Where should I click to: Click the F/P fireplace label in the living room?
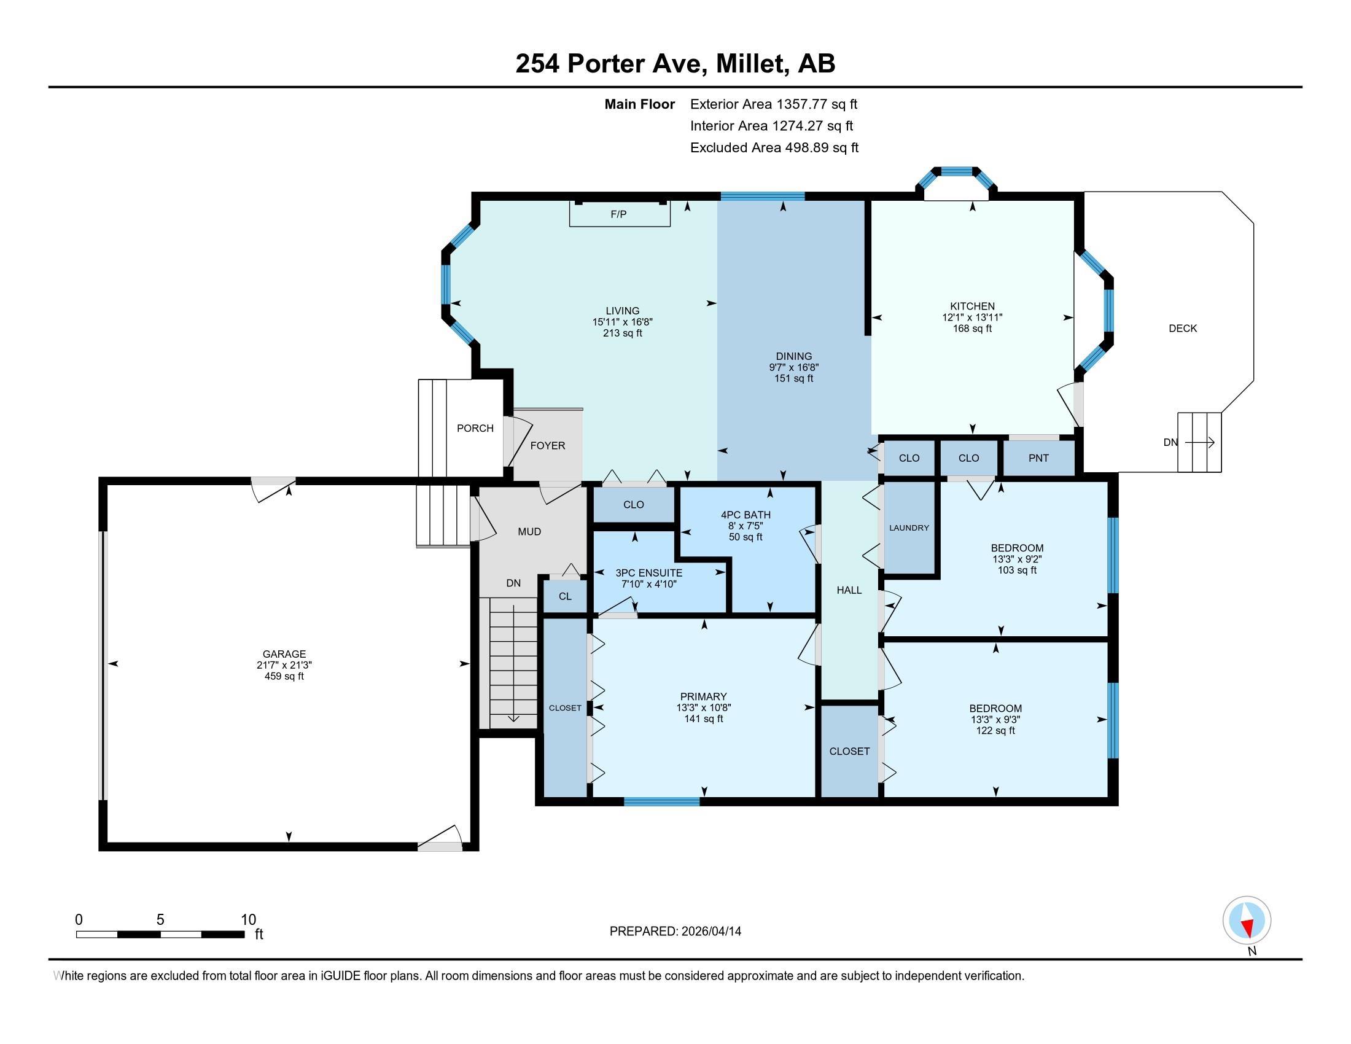618,214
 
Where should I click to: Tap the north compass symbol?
1247,920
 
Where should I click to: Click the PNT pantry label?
1038,458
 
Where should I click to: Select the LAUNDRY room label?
909,528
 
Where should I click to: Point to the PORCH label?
475,428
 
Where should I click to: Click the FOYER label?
547,445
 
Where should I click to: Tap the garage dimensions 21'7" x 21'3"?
284,665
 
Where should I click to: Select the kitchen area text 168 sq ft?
973,329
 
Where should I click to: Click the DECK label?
1183,329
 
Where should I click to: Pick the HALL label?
849,590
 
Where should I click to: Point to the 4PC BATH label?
746,515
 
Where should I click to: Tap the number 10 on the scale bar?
248,919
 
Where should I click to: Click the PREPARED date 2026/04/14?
711,932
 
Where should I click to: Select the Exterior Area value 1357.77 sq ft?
817,104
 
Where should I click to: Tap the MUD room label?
529,531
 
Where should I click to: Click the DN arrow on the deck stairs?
1199,442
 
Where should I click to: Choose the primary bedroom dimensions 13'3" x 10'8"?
703,707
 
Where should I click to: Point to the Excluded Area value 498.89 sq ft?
822,147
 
